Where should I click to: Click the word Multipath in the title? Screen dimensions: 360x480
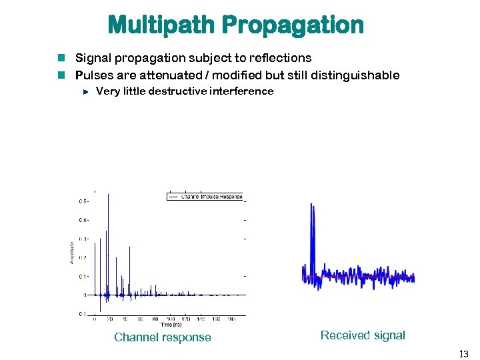pos(161,25)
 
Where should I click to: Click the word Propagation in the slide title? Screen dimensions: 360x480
pos(293,25)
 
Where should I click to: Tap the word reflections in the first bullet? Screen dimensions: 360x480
pos(279,58)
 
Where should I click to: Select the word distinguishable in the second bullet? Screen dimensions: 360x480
pos(349,75)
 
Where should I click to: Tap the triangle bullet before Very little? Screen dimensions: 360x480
pos(85,92)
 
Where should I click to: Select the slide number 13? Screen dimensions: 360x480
pos(463,353)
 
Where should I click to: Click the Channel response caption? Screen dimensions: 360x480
pos(163,337)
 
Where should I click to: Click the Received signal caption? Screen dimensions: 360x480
pos(363,335)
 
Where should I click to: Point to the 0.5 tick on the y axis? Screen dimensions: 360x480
pos(83,201)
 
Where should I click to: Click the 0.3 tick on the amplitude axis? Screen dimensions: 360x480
pos(83,239)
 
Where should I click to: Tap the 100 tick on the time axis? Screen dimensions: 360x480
pos(170,319)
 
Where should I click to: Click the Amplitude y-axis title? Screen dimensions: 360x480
pos(72,251)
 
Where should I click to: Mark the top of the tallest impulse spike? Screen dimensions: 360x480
pos(108,195)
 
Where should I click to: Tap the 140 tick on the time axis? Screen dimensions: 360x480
pos(201,319)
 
